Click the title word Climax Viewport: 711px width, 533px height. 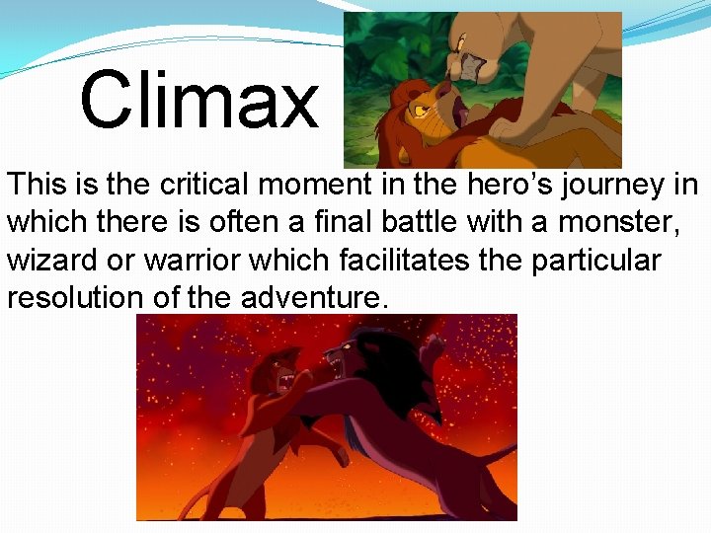click(x=199, y=100)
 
